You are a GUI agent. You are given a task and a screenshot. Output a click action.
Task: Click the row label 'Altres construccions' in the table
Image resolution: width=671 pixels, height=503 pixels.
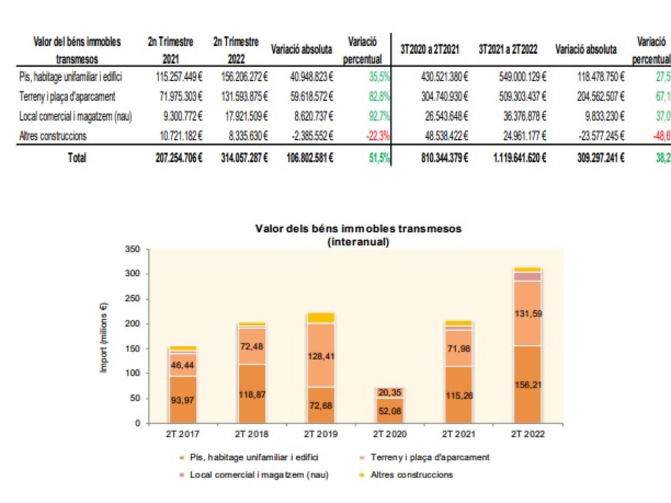[x=53, y=136]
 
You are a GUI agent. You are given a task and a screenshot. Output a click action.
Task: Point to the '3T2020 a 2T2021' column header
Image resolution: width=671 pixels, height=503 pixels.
[x=430, y=49]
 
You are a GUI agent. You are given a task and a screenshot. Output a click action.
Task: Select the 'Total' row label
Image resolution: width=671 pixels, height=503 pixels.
[x=77, y=158]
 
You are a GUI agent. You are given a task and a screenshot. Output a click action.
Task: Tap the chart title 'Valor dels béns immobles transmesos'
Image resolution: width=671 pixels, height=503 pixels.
[x=358, y=229]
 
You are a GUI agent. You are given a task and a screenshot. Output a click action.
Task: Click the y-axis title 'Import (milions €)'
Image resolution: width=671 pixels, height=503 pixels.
[x=104, y=338]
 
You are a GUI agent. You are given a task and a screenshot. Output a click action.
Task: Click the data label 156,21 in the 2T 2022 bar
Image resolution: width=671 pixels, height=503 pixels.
[x=527, y=385]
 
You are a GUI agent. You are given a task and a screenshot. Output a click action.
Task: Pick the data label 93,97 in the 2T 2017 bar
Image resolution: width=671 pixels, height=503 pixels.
[x=183, y=400]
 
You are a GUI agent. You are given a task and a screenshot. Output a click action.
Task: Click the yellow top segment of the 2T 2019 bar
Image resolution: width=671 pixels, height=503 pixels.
[x=321, y=318]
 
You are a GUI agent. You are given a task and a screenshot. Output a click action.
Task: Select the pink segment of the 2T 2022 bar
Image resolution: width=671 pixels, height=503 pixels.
[x=527, y=277]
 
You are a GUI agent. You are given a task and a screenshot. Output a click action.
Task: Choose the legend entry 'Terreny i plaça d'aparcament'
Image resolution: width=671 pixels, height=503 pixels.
[x=430, y=457]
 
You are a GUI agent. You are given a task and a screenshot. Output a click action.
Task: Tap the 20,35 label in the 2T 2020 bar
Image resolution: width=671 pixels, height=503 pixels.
[x=390, y=392]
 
